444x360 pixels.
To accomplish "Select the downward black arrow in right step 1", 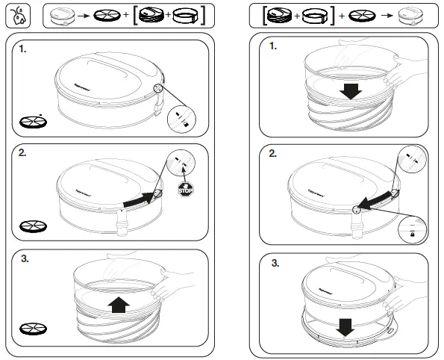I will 348,90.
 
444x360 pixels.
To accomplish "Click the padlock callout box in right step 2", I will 412,228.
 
